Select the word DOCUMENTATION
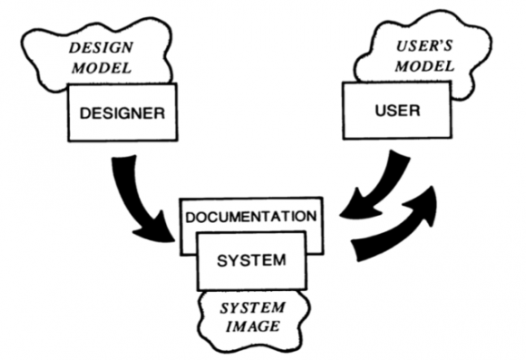click(x=249, y=218)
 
